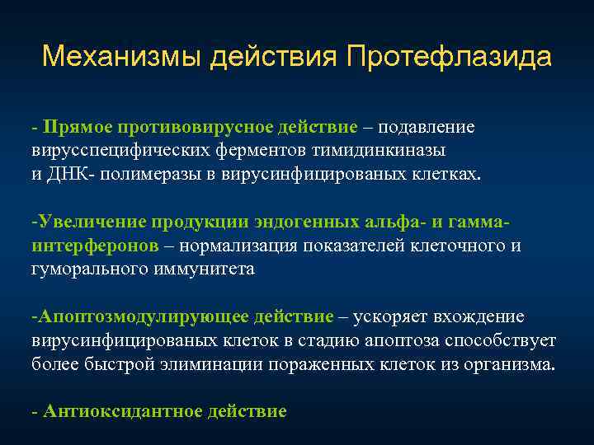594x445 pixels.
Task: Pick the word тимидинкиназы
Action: coord(386,152)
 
